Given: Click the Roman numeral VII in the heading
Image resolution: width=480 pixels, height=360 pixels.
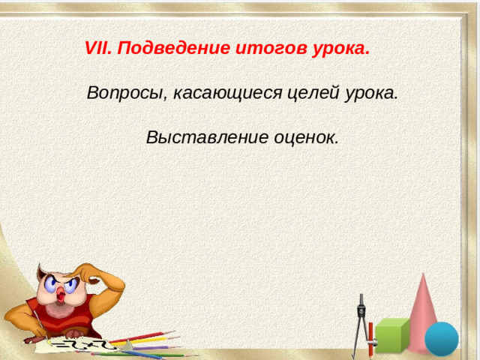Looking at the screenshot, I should click(x=98, y=49).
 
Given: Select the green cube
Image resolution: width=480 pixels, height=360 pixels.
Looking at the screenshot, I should click(x=391, y=335).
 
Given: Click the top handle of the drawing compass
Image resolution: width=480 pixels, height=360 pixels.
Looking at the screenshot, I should click(x=361, y=301).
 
